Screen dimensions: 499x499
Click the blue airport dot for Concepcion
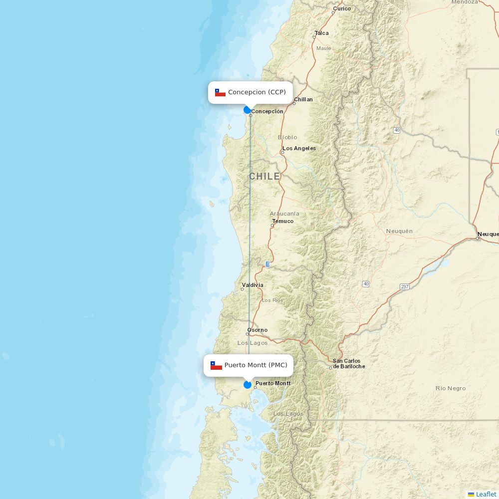pyautogui.click(x=247, y=110)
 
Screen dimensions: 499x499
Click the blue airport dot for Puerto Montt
pyautogui.click(x=248, y=385)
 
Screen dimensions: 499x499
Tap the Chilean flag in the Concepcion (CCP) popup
pyautogui.click(x=220, y=93)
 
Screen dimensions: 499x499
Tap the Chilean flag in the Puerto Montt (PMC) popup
pyautogui.click(x=216, y=366)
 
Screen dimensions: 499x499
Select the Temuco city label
pyautogui.click(x=283, y=221)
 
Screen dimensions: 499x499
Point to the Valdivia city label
pyautogui.click(x=252, y=285)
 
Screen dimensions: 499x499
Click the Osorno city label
pyautogui.click(x=257, y=330)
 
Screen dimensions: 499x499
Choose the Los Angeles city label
pyautogui.click(x=299, y=148)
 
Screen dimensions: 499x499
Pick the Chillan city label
pyautogui.click(x=303, y=99)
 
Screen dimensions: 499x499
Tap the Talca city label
pyautogui.click(x=322, y=33)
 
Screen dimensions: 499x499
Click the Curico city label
pyautogui.click(x=342, y=8)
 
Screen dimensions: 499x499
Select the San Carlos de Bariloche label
pyautogui.click(x=349, y=364)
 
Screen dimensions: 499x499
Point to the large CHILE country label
pyautogui.click(x=264, y=177)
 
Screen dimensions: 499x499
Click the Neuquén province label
pyautogui.click(x=399, y=231)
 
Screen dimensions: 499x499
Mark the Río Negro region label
pyautogui.click(x=450, y=388)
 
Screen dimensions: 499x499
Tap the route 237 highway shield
pyautogui.click(x=404, y=287)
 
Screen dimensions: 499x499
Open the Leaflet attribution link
pyautogui.click(x=486, y=494)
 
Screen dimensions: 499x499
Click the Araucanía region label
pyautogui.click(x=284, y=214)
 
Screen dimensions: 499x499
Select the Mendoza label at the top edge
pyautogui.click(x=465, y=2)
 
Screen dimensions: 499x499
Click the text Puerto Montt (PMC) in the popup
pyautogui.click(x=255, y=365)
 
